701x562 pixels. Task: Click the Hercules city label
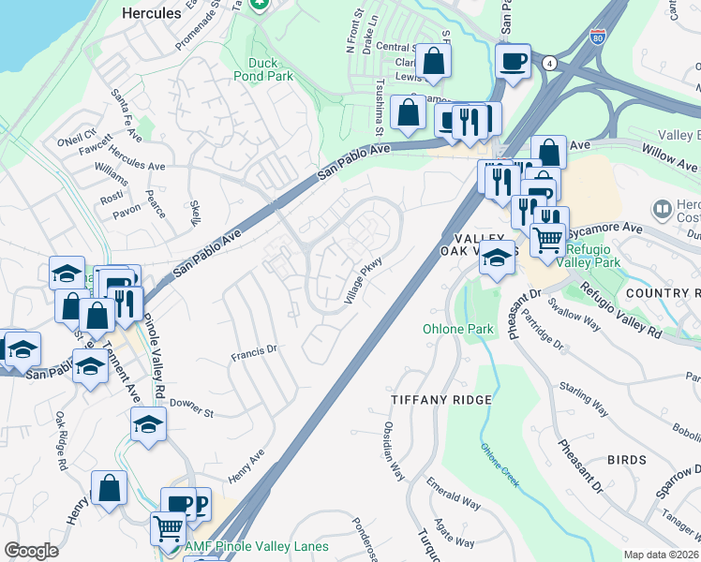[x=152, y=14]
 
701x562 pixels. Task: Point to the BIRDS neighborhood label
[x=626, y=460]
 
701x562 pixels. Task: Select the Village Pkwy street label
[x=365, y=282]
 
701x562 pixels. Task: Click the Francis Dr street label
[x=256, y=353]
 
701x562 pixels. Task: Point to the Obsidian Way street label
[x=393, y=450]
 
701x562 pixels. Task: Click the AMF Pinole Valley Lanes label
[x=269, y=547]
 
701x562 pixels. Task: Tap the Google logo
[x=31, y=551]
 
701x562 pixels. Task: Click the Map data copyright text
[x=662, y=555]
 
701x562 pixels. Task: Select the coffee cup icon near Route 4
[x=513, y=62]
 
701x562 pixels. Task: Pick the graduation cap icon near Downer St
[x=148, y=425]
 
